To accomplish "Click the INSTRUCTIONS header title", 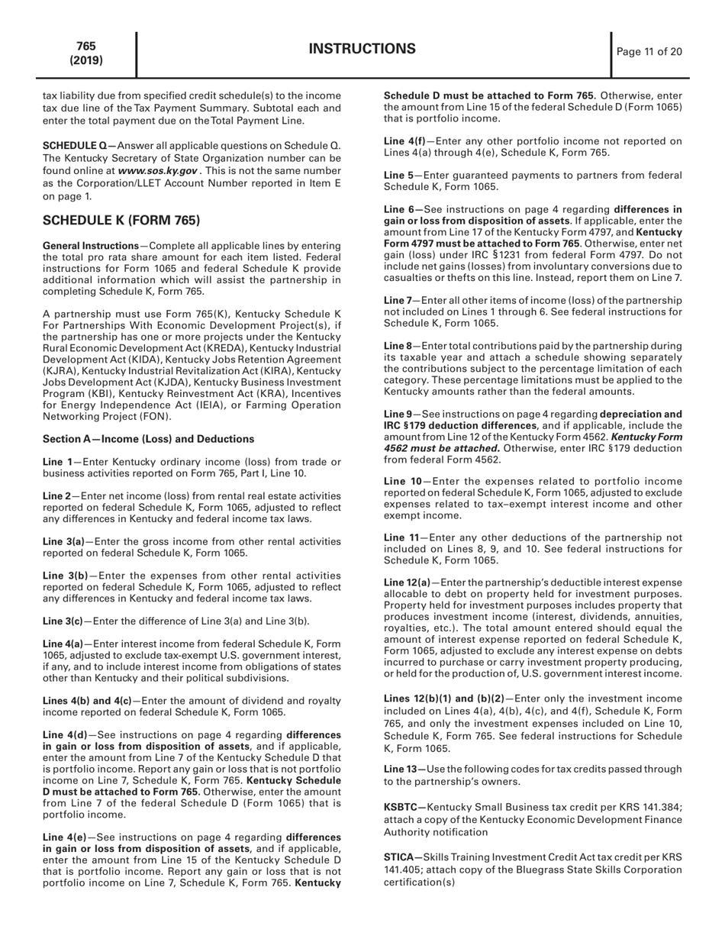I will click(362, 50).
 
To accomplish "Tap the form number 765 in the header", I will click(85, 47).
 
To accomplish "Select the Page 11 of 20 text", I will click(649, 52).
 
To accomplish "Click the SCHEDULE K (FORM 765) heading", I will click(121, 221).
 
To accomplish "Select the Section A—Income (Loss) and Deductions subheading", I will click(148, 439).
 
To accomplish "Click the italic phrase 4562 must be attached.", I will click(442, 448).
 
